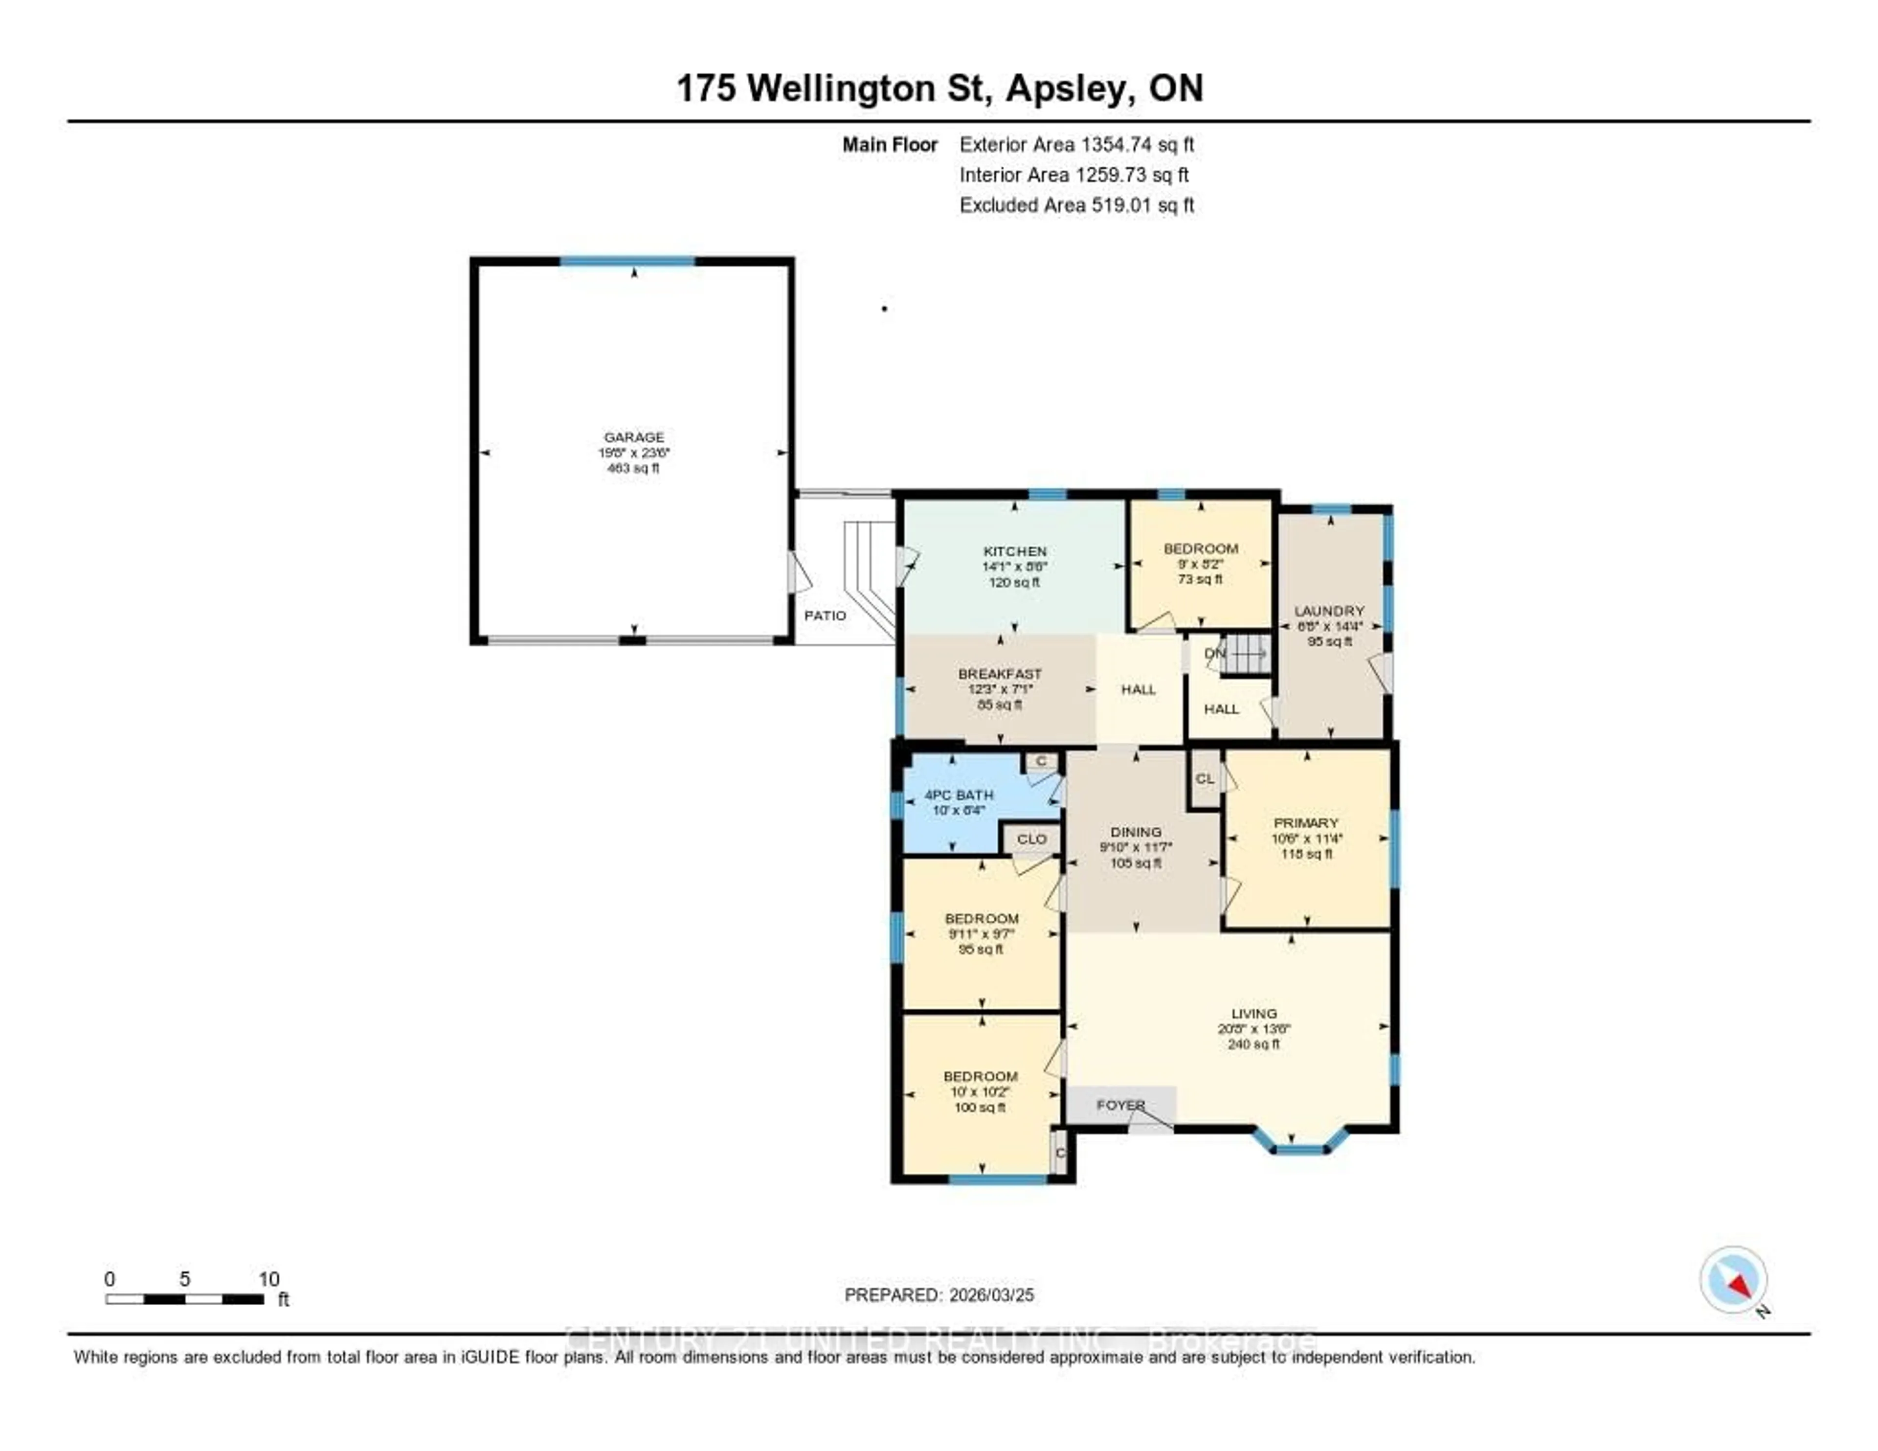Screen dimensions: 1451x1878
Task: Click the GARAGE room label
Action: [634, 437]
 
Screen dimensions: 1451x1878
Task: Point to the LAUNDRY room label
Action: [1329, 611]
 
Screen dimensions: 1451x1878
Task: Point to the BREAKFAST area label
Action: [999, 674]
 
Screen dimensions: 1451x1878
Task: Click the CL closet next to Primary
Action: [1205, 778]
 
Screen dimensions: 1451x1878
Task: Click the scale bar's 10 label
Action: [268, 1279]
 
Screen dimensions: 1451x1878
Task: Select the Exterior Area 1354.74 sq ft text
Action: [1076, 144]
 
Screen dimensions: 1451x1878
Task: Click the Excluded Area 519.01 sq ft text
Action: [1076, 204]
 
